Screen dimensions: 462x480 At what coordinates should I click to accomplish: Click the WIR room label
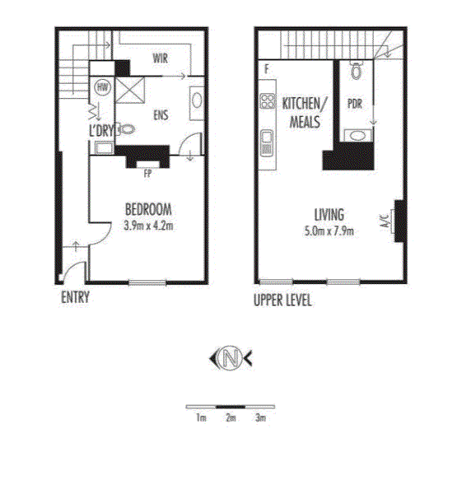pos(160,58)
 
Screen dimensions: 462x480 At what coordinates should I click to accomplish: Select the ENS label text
pos(161,115)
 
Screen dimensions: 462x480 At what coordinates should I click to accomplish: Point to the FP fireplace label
pos(148,174)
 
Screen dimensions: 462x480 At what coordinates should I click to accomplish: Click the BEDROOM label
pos(148,209)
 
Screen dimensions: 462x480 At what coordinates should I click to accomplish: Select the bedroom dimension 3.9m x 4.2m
pos(148,226)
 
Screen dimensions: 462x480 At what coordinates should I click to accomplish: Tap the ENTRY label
pos(75,297)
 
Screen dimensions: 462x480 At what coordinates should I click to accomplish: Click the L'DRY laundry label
pos(101,131)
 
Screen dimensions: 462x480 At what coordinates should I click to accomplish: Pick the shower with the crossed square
pos(130,91)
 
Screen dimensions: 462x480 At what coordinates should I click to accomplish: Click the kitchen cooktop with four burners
pos(268,101)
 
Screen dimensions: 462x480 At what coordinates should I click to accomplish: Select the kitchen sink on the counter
pos(267,143)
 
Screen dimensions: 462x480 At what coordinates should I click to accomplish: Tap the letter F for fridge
pos(267,69)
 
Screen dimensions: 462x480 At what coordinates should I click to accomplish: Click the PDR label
pos(355,104)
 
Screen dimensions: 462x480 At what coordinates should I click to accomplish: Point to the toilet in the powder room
pos(356,70)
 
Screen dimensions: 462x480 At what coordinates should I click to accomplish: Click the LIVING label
pos(329,215)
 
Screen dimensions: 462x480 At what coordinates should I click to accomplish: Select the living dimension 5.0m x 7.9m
pos(329,231)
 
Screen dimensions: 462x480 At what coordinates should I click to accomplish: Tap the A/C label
pos(385,221)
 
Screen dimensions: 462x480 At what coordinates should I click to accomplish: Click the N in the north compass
pos(231,358)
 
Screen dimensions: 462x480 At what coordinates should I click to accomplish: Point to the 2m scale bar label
pos(231,417)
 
